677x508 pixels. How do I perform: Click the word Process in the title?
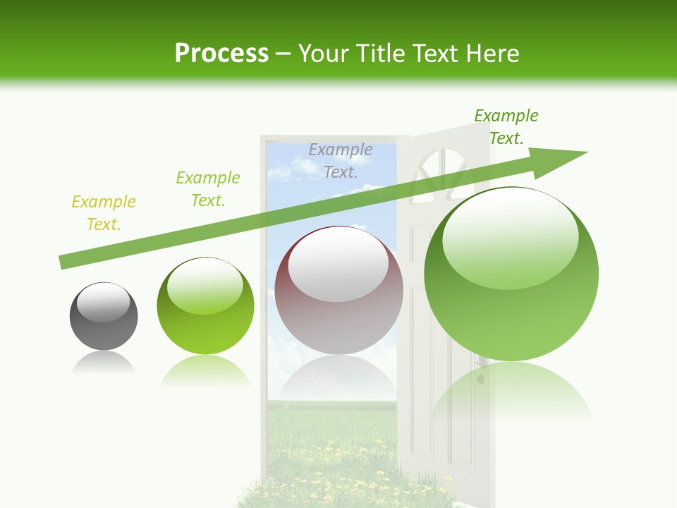coord(221,54)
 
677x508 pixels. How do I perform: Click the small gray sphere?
coord(104,317)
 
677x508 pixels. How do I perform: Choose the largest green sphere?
coord(511,275)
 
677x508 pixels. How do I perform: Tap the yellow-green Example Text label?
coord(104,213)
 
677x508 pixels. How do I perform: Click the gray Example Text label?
coord(341,160)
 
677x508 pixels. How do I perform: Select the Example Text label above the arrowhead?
coord(506,127)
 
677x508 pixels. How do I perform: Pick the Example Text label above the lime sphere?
coord(208,189)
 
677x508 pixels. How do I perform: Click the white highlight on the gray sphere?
coord(104,301)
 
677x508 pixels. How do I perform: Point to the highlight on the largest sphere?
coord(511,236)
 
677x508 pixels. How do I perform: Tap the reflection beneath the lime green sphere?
coord(205,370)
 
